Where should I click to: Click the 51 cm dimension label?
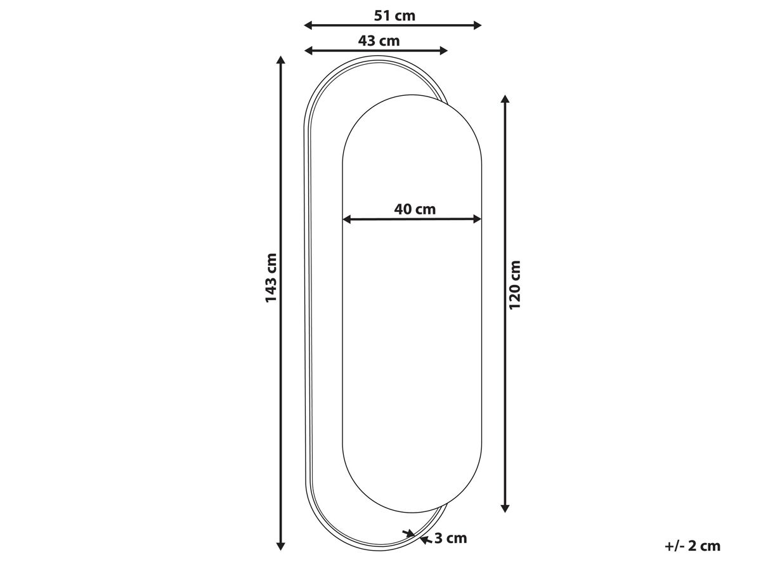point(394,16)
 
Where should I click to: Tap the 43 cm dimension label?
point(379,41)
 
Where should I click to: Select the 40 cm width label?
point(415,209)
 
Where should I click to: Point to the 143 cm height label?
point(271,278)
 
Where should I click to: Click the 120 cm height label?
point(515,285)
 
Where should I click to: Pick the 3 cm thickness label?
point(450,539)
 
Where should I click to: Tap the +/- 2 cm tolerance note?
point(693,546)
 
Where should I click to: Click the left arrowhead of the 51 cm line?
point(308,25)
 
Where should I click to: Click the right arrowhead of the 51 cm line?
point(478,25)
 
